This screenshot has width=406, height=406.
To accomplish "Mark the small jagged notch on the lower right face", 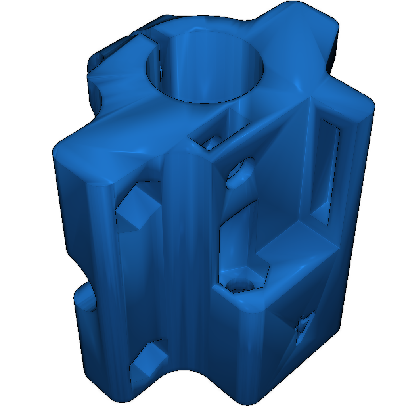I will click(303, 327).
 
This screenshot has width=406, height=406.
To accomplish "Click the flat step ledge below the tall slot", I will click(297, 246).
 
